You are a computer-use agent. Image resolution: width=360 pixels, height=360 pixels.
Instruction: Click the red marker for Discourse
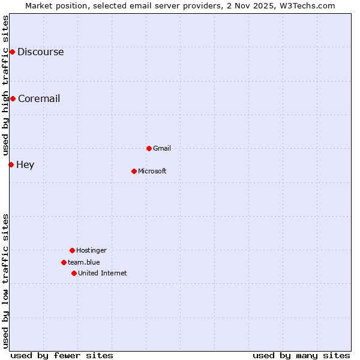tap(12, 52)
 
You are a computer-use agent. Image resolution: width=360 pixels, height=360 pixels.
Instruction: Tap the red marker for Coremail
tap(13, 98)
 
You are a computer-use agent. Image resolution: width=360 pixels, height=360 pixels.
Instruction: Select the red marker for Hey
tap(11, 164)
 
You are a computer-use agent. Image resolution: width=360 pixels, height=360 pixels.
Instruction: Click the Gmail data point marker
tap(149, 148)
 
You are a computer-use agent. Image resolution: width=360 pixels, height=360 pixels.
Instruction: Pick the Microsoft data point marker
tap(134, 171)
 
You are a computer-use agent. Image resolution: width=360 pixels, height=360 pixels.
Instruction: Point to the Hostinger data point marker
tap(72, 250)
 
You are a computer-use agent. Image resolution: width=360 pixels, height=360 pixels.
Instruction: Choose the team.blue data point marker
tap(64, 262)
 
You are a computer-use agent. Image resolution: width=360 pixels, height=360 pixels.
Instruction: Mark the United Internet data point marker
tap(74, 273)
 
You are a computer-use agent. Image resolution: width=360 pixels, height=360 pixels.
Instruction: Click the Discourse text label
tap(40, 52)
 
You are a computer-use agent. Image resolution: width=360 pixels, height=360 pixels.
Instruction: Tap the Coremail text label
tap(39, 98)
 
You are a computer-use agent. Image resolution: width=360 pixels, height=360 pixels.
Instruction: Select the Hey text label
tap(25, 164)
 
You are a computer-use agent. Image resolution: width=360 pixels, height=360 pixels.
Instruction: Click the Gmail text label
tap(162, 148)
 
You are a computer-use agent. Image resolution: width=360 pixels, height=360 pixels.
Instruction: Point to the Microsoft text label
tap(152, 171)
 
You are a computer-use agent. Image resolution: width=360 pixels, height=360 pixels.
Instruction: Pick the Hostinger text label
tap(91, 250)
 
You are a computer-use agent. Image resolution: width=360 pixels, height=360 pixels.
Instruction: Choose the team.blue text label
tap(84, 262)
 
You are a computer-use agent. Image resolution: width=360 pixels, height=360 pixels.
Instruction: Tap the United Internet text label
tap(103, 273)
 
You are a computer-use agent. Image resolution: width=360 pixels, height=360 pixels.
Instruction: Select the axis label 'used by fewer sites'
tap(62, 355)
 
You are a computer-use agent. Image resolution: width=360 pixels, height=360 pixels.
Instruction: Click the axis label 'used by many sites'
tap(301, 355)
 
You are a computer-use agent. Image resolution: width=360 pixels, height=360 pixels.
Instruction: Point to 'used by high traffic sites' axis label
tap(5, 84)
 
